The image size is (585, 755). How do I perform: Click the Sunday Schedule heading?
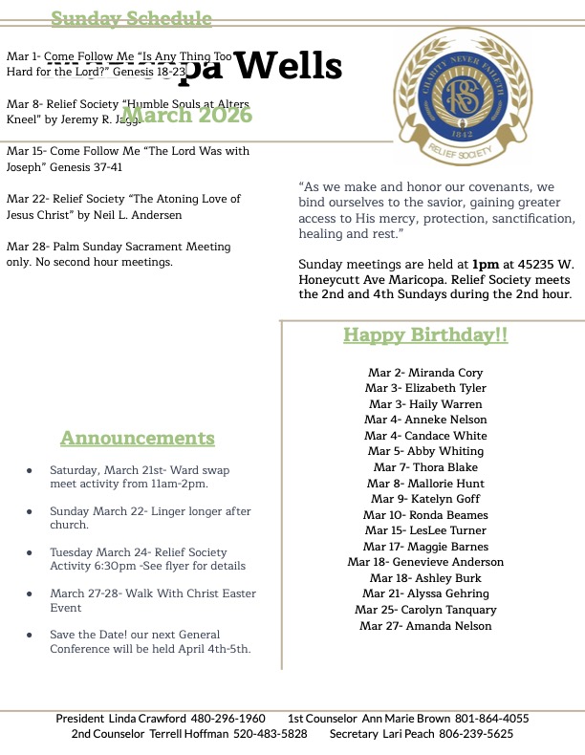pos(131,18)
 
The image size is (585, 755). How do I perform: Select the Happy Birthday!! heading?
pos(425,335)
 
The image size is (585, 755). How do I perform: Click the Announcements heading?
pos(138,439)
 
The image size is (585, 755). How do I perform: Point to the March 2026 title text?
pos(186,116)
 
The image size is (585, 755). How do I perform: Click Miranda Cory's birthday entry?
pos(425,373)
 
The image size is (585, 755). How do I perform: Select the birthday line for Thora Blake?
pos(425,467)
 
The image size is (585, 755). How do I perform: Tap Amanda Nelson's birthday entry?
pos(425,626)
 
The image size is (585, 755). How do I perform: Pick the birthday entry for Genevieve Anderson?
pos(425,562)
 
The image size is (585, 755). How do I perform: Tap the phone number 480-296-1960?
pos(227,719)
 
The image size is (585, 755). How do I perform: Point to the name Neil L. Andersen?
pos(134,216)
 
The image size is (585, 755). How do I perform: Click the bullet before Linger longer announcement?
pos(31,512)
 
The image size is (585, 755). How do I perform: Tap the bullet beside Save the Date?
pos(31,635)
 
